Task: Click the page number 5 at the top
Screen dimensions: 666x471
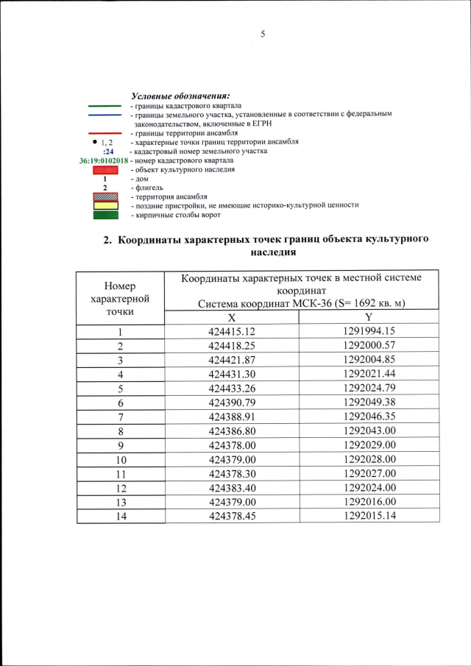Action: pos(262,35)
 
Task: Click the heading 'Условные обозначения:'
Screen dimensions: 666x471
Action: pos(180,96)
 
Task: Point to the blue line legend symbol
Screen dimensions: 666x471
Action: pos(105,115)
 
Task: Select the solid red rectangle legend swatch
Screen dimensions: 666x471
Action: pos(105,170)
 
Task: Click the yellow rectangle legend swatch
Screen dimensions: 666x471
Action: pos(105,205)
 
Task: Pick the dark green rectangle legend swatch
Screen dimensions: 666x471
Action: pos(105,215)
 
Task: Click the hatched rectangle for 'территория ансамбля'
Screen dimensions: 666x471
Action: pos(105,196)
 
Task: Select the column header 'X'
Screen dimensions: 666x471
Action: pos(231,316)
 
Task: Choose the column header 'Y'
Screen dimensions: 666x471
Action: pos(369,316)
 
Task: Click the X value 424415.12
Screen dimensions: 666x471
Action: pos(231,332)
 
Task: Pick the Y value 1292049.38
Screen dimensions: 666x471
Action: pos(369,403)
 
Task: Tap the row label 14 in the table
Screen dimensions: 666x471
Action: pos(120,515)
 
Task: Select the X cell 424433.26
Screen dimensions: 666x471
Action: pos(231,389)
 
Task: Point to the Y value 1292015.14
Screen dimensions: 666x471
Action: pos(369,515)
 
